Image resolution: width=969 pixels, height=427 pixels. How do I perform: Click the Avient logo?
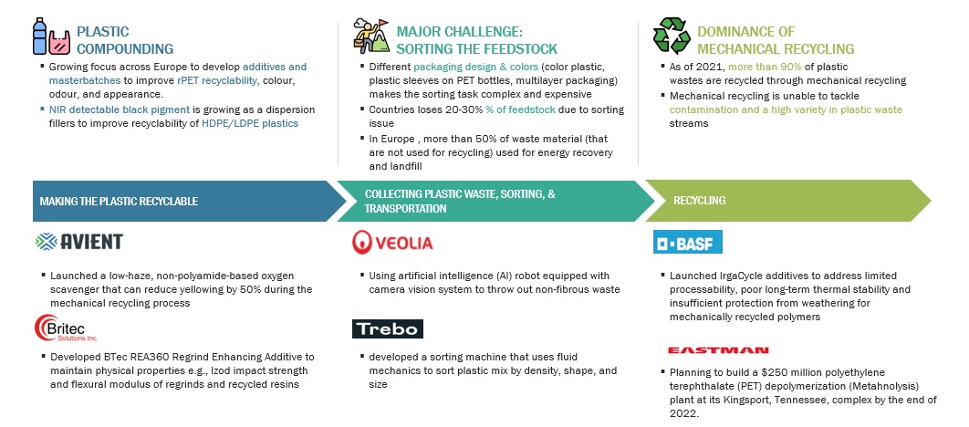[79, 242]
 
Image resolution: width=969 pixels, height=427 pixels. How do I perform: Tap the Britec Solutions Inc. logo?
[66, 328]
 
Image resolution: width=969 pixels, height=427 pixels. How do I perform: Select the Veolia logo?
[391, 242]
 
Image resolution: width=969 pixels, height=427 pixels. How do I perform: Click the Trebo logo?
[388, 328]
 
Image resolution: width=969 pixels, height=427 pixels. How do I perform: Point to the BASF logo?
[687, 242]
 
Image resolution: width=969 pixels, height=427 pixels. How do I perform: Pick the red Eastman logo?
[717, 350]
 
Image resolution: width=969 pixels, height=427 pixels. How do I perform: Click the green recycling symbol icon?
[672, 36]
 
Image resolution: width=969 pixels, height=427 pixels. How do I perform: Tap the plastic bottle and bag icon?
[51, 36]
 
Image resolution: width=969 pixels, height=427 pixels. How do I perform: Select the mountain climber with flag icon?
[370, 36]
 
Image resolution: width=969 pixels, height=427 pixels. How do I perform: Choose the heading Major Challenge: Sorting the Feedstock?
[476, 40]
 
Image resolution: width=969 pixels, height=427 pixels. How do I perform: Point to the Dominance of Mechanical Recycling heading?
[776, 40]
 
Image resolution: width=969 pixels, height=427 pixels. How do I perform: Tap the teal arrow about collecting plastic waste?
[495, 201]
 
